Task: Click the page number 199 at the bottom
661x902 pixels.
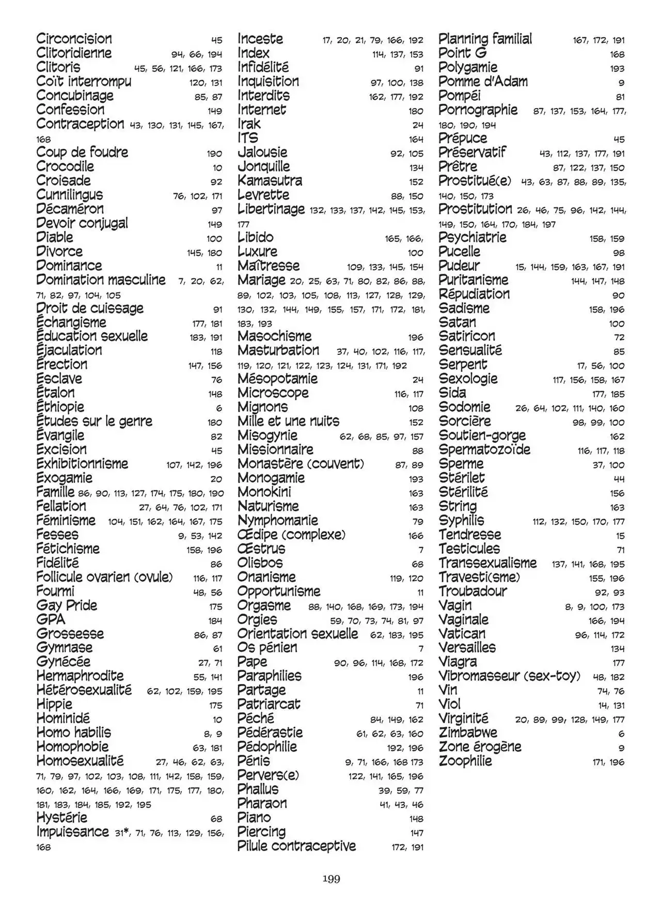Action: coord(331,879)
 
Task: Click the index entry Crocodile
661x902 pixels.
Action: coord(65,166)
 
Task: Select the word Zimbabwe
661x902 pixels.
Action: coord(468,733)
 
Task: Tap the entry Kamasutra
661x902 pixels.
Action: coord(270,181)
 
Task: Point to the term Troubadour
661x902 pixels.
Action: coord(473,591)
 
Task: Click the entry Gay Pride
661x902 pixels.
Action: coord(67,605)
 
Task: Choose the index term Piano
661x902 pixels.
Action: coord(254,818)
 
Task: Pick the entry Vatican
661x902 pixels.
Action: coord(462,633)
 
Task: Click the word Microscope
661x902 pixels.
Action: coord(273,393)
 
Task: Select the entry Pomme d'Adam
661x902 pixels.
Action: coord(483,82)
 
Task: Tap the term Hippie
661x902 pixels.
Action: coord(54,704)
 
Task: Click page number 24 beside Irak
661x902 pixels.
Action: coord(418,125)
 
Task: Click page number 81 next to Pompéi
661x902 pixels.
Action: coord(620,97)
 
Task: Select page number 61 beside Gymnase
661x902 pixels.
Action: coord(217,649)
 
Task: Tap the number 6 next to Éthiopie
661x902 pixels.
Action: coord(219,408)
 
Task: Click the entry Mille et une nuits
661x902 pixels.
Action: coord(288,421)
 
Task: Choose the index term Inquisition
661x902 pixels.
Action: coord(268,82)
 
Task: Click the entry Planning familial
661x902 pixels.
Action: coord(485,39)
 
